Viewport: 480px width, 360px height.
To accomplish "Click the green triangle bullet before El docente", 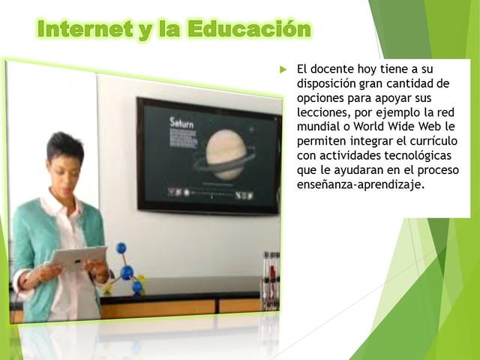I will pyautogui.click(x=283, y=69).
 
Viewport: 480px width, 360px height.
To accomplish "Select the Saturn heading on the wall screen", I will pyautogui.click(x=181, y=121).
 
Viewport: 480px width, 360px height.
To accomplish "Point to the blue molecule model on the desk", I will pyautogui.click(x=125, y=270).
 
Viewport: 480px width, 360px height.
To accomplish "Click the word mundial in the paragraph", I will pyautogui.click(x=318, y=127).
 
